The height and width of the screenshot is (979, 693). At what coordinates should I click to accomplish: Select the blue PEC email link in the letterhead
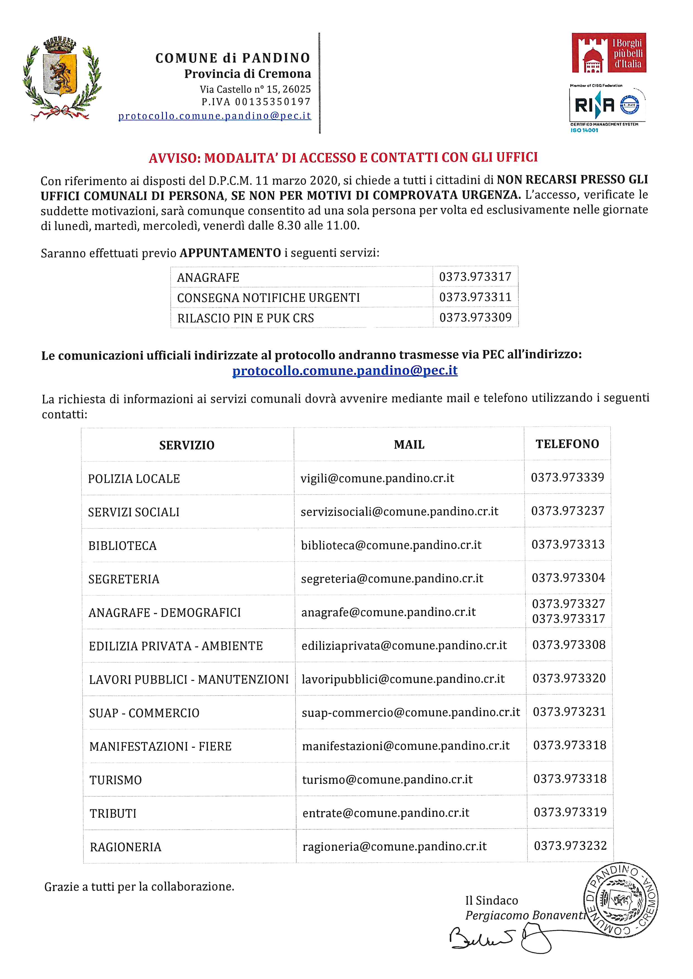pos(215,116)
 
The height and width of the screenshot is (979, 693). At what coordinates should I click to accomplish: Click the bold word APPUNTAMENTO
pos(230,253)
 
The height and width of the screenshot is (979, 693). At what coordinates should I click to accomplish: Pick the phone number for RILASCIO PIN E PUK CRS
pos(475,317)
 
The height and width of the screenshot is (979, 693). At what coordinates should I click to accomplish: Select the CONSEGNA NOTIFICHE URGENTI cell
pos(269,298)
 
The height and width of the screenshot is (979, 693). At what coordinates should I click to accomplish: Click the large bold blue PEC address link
pos(345,370)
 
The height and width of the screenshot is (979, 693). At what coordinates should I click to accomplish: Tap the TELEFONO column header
pos(567,444)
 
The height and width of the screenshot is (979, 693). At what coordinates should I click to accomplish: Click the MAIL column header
pos(409,445)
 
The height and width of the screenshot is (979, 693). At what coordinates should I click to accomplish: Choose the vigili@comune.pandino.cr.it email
pos(377,478)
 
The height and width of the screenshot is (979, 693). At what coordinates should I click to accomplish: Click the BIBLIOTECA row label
pos(122,546)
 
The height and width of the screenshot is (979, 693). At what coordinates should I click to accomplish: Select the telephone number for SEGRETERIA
pos(568,578)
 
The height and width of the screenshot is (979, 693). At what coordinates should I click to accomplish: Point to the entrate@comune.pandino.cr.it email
pos(386,813)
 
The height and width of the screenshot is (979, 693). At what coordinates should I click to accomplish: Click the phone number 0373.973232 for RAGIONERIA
pos(570,846)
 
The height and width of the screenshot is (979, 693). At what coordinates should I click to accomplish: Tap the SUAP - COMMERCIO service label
pos(144,713)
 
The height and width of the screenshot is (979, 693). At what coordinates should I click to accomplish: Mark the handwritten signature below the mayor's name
pos(499,938)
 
